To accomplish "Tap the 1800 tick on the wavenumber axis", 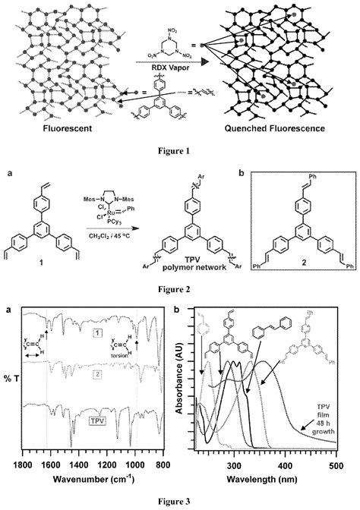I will pos(23,465).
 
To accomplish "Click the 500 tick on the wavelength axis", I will pos(336,465).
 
